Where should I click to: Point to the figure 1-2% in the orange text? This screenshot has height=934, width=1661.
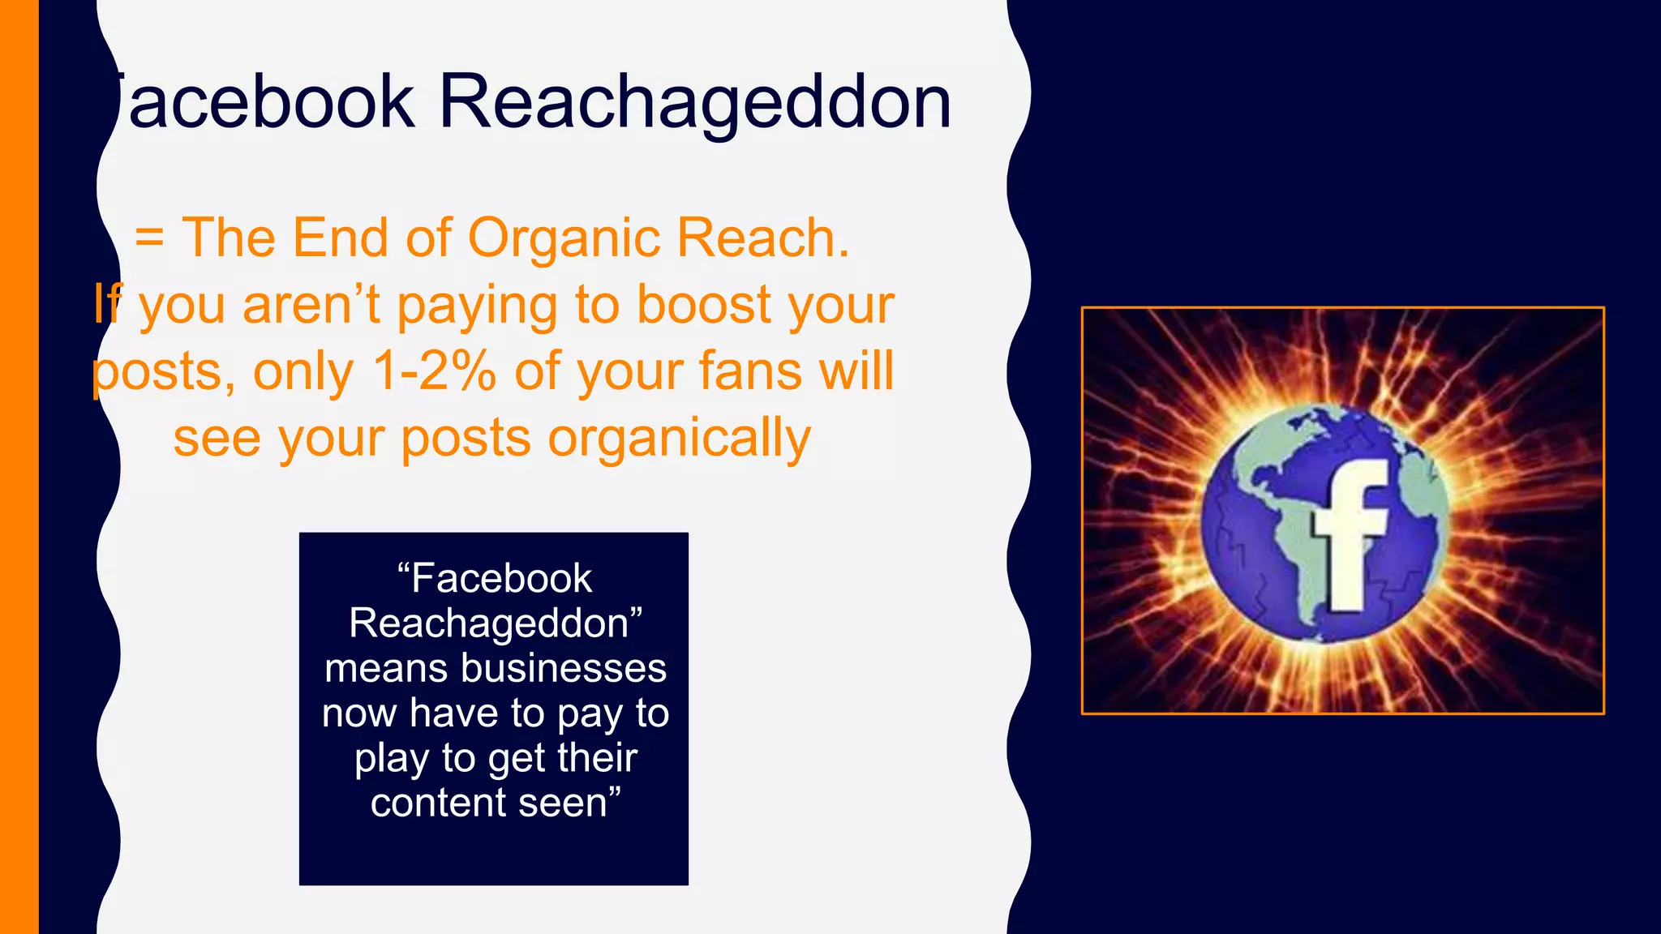coord(434,371)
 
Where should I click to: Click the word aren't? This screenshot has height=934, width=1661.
coord(311,305)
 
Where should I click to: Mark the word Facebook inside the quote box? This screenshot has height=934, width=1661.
coord(501,579)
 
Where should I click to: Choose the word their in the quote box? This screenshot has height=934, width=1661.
coord(597,758)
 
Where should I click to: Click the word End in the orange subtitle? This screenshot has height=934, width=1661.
coord(341,238)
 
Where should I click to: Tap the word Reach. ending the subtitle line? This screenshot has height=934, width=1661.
coord(763,238)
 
